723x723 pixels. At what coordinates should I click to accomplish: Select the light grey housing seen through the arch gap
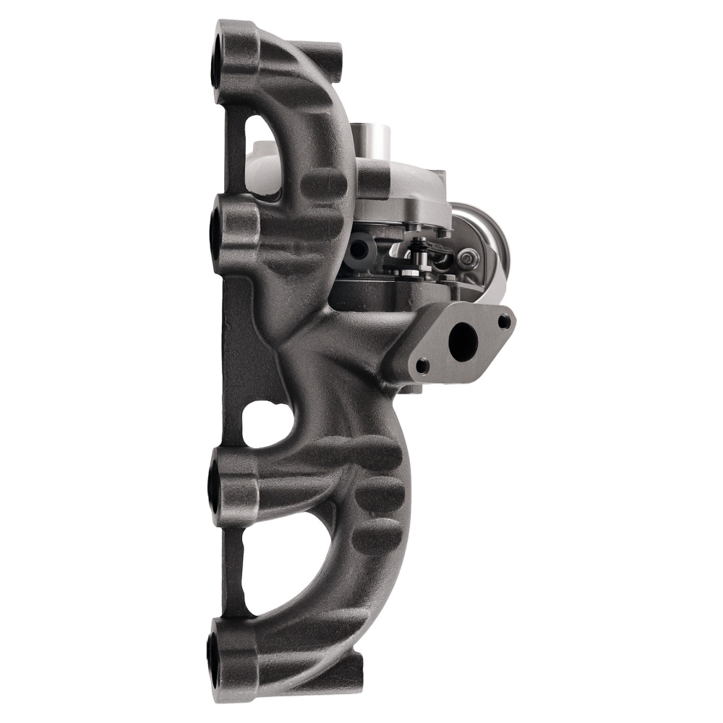264,170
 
